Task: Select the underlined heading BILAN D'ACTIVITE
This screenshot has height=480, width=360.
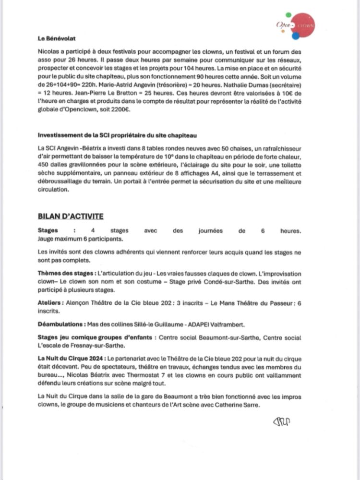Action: [71, 216]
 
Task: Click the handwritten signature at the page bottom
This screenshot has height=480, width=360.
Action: [281, 421]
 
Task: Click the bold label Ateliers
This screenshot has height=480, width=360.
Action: [50, 303]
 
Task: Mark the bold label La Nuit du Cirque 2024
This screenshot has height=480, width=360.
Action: [72, 358]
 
